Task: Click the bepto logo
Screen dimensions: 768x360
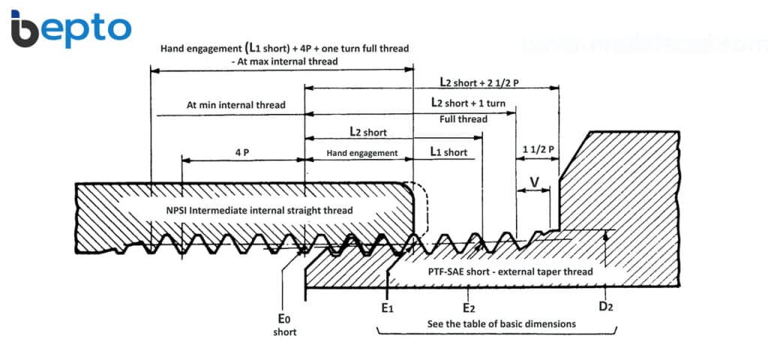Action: [x=71, y=28]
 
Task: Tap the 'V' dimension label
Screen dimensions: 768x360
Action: [x=535, y=181]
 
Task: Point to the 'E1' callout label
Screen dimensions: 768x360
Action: [x=388, y=308]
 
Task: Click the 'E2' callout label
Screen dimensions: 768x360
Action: [x=469, y=308]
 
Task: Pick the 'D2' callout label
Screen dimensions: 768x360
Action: [x=606, y=307]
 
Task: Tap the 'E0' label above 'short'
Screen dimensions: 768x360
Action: [x=284, y=319]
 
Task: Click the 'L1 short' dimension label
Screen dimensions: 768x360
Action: [x=448, y=152]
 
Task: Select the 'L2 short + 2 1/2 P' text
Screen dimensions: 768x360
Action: [x=479, y=82]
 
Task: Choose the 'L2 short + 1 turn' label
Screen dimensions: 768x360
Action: [x=468, y=103]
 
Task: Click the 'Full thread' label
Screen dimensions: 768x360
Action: [x=463, y=119]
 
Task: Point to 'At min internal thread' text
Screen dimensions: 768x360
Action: [x=236, y=105]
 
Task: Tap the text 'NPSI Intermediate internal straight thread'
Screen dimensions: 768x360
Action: [x=259, y=211]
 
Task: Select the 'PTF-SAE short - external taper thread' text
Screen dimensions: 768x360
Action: [x=504, y=271]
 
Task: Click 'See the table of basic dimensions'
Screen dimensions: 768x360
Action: [x=502, y=324]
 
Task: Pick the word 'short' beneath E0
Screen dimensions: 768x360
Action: [x=284, y=332]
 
